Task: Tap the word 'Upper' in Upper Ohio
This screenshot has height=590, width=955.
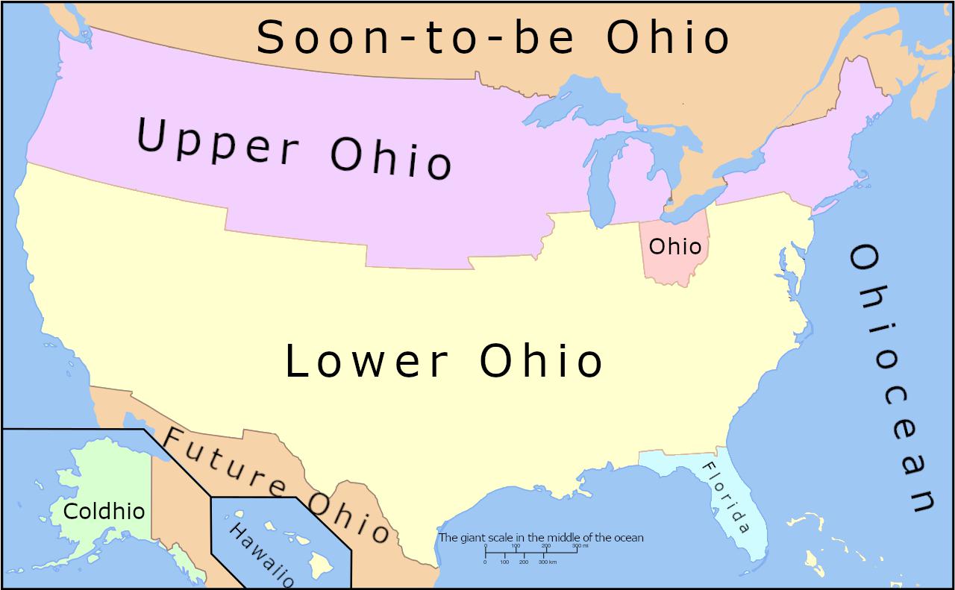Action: (218, 142)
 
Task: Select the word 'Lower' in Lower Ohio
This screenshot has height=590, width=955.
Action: (366, 362)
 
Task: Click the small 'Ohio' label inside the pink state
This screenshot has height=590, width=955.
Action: (675, 247)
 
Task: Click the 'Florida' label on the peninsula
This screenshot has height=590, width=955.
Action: (723, 497)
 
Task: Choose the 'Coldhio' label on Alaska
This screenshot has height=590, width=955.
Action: (104, 512)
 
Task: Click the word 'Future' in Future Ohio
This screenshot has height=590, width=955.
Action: (225, 466)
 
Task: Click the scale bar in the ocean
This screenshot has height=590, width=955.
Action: (531, 552)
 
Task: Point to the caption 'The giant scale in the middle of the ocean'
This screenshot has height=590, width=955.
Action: (540, 537)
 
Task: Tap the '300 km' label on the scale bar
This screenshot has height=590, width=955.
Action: (548, 562)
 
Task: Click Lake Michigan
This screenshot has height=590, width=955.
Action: (601, 186)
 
